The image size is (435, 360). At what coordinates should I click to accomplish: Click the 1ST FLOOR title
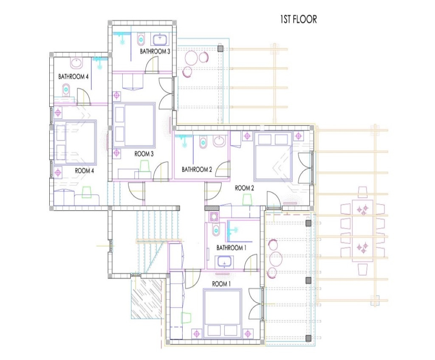[298, 20]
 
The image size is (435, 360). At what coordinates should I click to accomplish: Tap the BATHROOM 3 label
[155, 51]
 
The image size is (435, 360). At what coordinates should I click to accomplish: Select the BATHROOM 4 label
[73, 76]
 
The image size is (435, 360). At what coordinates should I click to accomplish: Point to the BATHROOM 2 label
[197, 169]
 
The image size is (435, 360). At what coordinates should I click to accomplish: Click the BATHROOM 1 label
[231, 247]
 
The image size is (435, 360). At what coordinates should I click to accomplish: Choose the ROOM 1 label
[221, 284]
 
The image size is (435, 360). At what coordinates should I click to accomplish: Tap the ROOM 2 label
[244, 188]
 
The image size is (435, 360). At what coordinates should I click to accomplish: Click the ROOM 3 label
[144, 154]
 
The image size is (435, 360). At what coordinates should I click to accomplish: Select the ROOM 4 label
[85, 171]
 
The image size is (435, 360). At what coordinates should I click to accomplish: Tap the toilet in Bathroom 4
[66, 89]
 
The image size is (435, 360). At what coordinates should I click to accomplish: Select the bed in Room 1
[222, 313]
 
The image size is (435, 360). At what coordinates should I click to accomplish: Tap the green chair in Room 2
[247, 200]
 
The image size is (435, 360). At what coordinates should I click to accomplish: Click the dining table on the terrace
[363, 230]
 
